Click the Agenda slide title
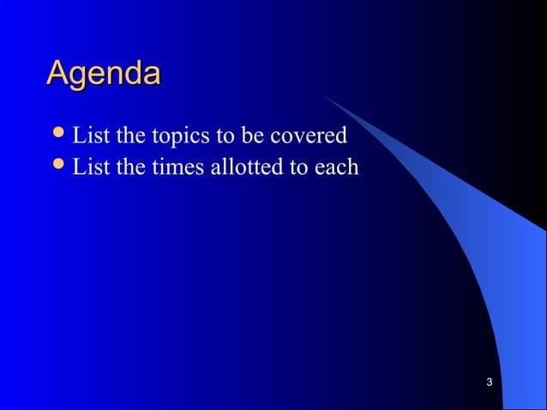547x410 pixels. tap(103, 74)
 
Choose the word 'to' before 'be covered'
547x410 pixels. tap(219, 136)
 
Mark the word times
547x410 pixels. tap(176, 167)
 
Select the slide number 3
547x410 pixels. tap(488, 382)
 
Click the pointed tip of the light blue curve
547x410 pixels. tap(325, 96)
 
